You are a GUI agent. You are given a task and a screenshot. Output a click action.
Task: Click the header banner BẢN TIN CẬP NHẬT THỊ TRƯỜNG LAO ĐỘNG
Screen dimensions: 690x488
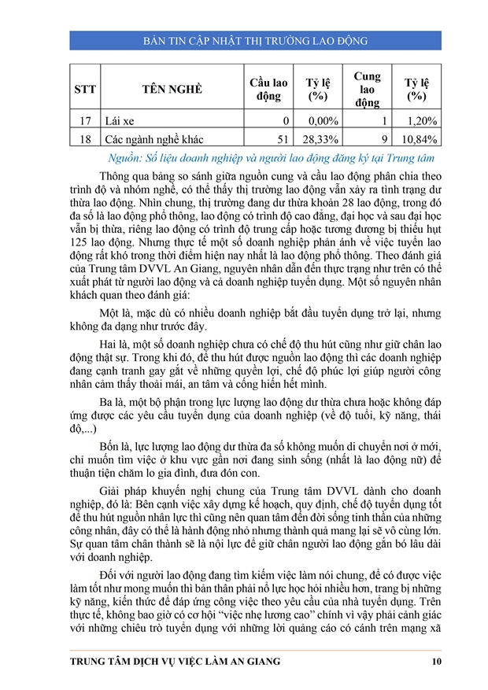pos(244,40)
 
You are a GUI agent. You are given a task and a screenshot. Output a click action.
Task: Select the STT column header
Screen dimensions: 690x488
pos(84,89)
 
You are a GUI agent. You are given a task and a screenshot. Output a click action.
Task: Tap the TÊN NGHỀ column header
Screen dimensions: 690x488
pos(172,89)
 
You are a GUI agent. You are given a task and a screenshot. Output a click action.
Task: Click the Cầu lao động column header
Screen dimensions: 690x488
pos(268,89)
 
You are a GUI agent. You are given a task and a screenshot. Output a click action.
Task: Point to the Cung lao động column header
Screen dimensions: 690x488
pos(367,89)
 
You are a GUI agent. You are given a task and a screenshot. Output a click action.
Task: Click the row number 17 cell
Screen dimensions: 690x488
pos(84,120)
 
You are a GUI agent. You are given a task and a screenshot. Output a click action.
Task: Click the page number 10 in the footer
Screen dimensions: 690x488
pos(435,662)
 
